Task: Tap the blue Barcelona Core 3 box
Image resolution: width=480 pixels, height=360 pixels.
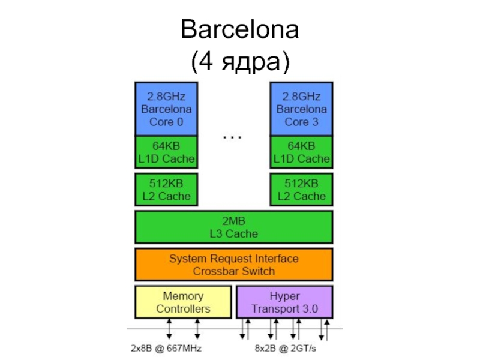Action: point(301,109)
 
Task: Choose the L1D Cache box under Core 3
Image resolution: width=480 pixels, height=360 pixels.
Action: point(301,152)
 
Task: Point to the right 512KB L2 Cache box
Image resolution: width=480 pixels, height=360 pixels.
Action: point(301,189)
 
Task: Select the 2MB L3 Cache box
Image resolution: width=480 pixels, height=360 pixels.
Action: point(233,227)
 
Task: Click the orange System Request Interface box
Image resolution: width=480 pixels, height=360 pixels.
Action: point(233,265)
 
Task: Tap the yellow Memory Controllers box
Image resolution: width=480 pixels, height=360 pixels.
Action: point(183,302)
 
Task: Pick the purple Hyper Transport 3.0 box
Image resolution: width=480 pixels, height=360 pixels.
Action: point(284,302)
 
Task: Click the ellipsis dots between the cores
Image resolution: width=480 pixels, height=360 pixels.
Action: point(233,137)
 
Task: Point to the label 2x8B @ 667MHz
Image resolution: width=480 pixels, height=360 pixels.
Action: point(166,348)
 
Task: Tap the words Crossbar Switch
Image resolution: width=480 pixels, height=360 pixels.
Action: point(233,271)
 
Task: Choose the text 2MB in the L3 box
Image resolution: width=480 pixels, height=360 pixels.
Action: point(233,220)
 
